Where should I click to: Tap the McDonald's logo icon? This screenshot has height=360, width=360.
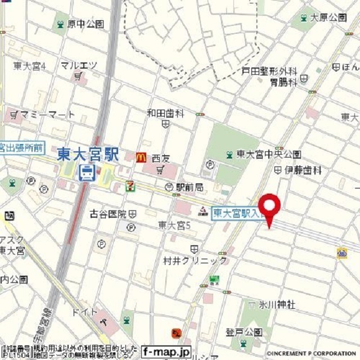(140, 158)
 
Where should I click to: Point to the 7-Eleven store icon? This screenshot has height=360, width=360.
(130, 184)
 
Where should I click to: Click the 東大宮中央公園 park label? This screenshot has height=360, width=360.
(268, 154)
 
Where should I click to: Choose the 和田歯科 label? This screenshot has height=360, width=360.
(165, 113)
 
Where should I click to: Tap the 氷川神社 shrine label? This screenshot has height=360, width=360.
(277, 304)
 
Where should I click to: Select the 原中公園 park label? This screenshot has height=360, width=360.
(85, 24)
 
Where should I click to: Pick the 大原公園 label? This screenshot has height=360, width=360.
(328, 18)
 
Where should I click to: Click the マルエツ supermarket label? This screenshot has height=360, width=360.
(79, 66)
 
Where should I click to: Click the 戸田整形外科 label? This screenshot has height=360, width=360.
(269, 71)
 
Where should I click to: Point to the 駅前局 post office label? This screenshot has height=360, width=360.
(188, 186)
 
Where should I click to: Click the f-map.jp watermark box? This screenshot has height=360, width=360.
(166, 351)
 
